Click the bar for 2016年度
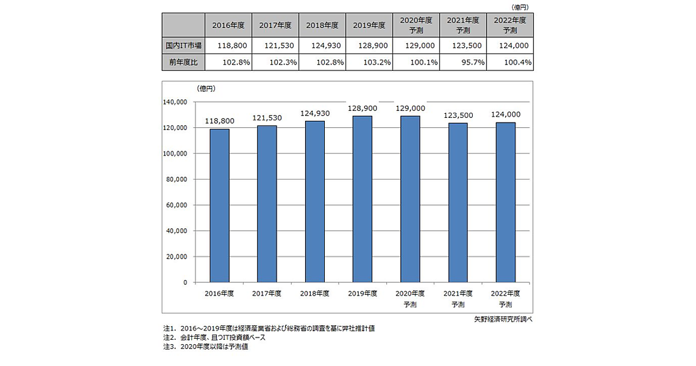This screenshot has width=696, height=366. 220,206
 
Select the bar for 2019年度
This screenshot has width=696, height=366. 362,199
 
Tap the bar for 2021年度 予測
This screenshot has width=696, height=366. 458,203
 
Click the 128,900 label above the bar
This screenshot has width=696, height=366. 362,109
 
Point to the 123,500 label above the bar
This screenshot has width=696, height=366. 458,116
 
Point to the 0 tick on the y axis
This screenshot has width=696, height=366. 184,282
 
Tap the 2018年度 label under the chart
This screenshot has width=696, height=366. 315,293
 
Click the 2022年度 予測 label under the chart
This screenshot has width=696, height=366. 505,299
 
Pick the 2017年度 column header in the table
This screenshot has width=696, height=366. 275,26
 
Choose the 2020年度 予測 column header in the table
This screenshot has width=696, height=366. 415,25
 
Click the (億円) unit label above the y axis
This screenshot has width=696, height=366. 206,88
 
